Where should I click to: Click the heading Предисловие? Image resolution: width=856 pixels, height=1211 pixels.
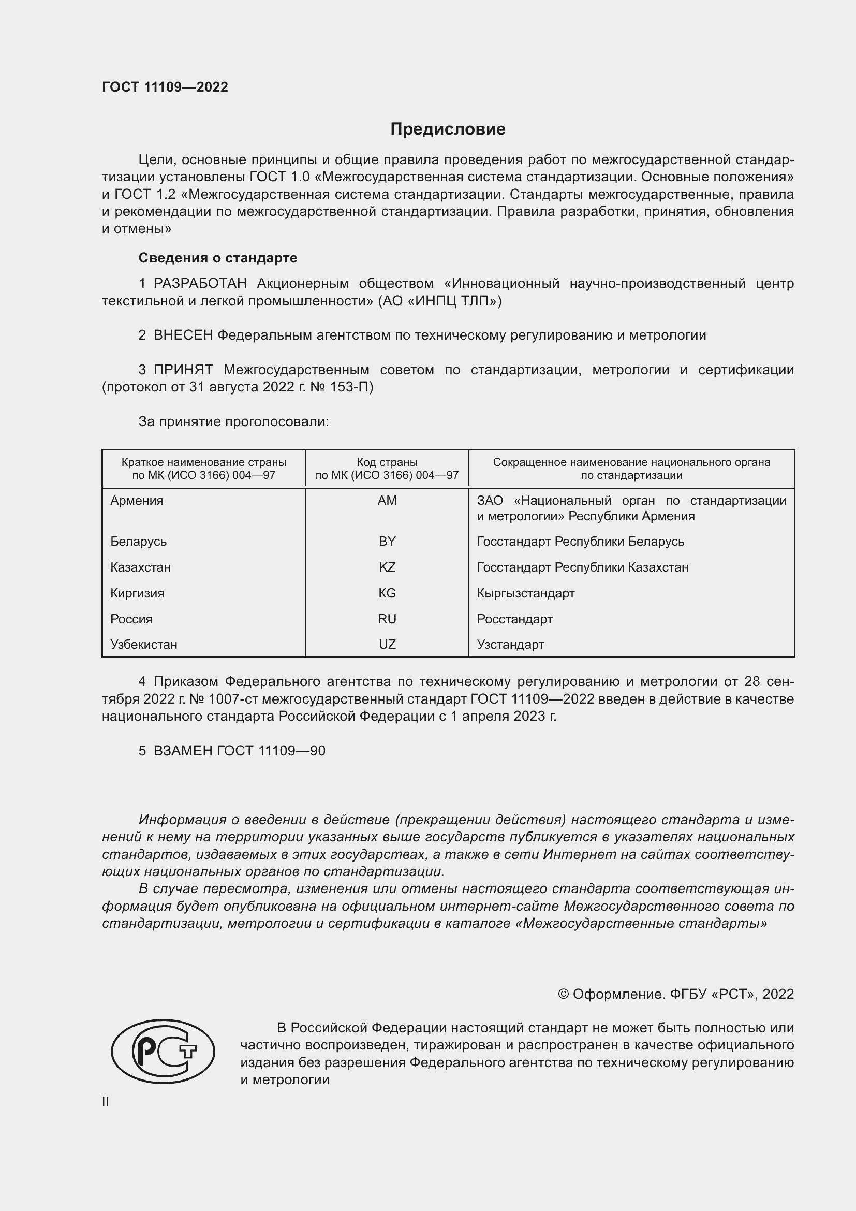tap(448, 129)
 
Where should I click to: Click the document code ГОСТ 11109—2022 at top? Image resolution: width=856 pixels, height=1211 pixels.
tap(165, 87)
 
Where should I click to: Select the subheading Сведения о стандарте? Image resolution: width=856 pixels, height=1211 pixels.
tap(218, 258)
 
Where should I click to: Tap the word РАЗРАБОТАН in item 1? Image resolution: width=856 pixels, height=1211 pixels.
tap(200, 284)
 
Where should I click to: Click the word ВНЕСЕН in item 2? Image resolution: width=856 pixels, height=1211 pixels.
tap(183, 335)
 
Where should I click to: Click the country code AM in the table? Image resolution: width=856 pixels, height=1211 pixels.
tap(387, 501)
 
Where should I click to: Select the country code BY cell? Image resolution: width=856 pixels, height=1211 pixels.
tap(387, 542)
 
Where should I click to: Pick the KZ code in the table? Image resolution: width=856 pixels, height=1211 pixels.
tap(387, 567)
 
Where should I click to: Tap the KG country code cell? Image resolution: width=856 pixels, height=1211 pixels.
tap(387, 593)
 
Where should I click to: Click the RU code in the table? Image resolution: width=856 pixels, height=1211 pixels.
tap(387, 619)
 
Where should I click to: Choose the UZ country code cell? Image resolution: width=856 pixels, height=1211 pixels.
tap(387, 645)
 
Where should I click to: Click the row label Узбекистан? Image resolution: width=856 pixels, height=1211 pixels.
tap(144, 645)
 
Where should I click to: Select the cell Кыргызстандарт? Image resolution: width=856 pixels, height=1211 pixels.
tap(525, 593)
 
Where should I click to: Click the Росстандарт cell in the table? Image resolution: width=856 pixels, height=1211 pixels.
tap(514, 619)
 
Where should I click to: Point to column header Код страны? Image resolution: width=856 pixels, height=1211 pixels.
tap(387, 462)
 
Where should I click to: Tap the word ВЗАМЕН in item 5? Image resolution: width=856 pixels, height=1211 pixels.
tap(183, 751)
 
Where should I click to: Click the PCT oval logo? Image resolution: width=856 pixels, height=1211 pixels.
tap(163, 1051)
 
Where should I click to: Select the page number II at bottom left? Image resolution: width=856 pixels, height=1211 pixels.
tap(106, 1101)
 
